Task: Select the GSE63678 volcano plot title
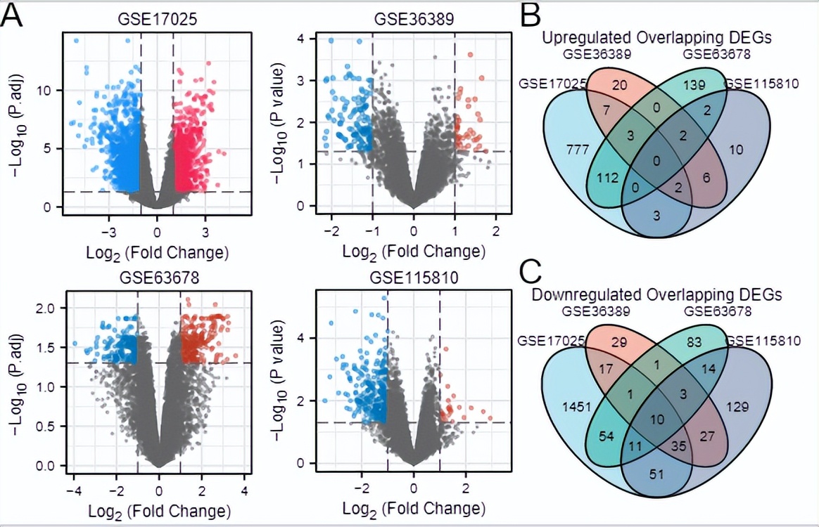click(x=159, y=278)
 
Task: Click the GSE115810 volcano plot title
click(x=414, y=278)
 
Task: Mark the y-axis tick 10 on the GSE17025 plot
click(x=47, y=90)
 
